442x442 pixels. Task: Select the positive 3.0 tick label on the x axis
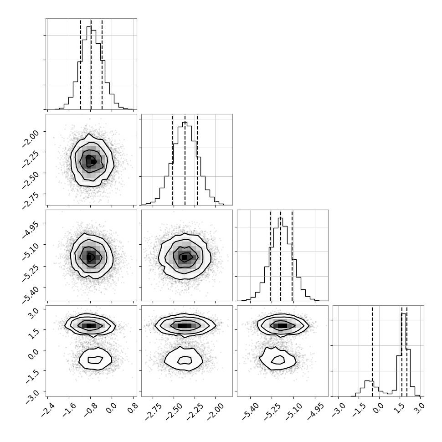[x=419, y=408]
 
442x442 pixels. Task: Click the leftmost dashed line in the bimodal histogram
[x=372, y=351]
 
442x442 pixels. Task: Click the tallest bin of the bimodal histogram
[x=404, y=355]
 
